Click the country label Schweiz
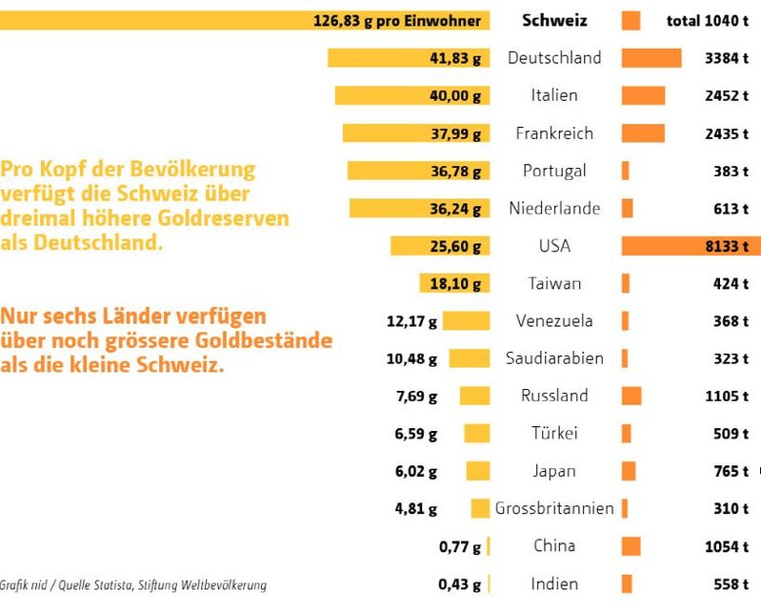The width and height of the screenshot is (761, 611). [554, 21]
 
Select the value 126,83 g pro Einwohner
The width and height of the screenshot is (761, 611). [396, 21]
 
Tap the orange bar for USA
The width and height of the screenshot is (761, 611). [691, 246]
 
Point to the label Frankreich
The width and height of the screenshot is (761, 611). [554, 133]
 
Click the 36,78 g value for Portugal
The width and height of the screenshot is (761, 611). [455, 172]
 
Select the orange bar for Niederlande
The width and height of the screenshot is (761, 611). [627, 209]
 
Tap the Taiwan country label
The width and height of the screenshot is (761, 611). [554, 284]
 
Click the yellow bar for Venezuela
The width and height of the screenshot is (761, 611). [466, 321]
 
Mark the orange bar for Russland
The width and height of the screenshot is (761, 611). [631, 396]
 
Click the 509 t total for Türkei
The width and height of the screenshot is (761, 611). [731, 434]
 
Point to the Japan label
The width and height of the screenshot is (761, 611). [554, 471]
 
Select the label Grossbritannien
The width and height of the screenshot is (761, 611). [554, 509]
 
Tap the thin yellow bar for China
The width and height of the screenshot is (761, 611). [489, 546]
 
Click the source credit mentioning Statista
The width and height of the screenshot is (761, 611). [133, 585]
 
